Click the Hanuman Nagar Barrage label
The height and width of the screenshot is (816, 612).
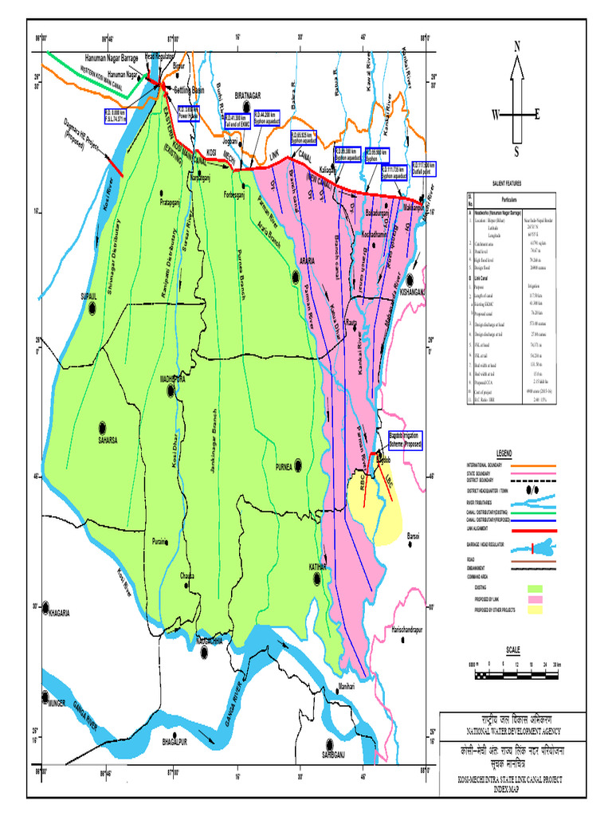click(x=112, y=59)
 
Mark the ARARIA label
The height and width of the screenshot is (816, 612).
click(x=307, y=261)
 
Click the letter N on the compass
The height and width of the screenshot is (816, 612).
click(x=516, y=47)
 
